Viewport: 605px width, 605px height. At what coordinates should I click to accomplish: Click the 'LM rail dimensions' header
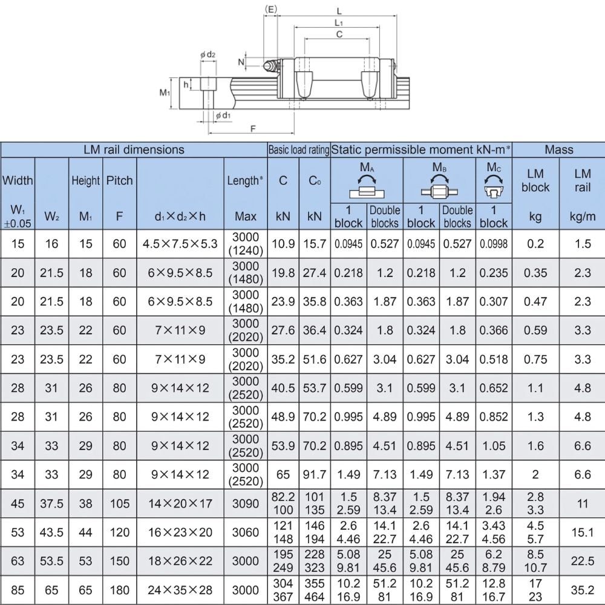click(x=134, y=149)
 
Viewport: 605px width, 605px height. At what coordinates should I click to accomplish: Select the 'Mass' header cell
click(x=558, y=149)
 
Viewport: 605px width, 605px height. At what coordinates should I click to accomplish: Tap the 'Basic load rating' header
click(x=299, y=149)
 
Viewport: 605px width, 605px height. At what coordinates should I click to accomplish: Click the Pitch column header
click(x=119, y=180)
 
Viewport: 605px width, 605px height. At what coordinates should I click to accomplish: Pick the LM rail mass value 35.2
click(x=582, y=590)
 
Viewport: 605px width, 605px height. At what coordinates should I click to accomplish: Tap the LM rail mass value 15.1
click(x=582, y=532)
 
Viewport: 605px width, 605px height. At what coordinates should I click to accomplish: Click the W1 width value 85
click(x=18, y=590)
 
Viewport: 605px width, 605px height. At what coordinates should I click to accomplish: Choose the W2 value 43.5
click(x=51, y=532)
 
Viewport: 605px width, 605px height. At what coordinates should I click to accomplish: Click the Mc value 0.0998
click(x=494, y=244)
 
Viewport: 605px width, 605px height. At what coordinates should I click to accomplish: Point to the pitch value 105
click(x=119, y=503)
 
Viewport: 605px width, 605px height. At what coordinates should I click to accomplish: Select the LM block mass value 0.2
click(x=535, y=244)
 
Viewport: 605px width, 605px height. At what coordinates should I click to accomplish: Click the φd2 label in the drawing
click(x=208, y=54)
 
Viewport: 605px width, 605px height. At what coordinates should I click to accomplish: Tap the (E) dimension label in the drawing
click(x=271, y=10)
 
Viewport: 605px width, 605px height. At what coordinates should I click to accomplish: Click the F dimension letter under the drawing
click(x=253, y=129)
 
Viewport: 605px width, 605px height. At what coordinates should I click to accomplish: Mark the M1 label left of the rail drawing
click(x=164, y=93)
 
